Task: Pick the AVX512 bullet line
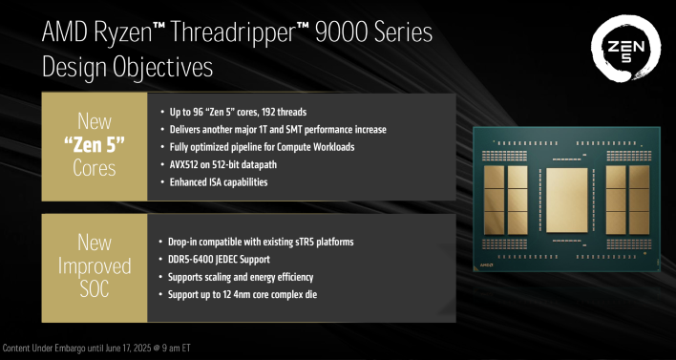(226, 164)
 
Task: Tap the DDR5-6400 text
(191, 259)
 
